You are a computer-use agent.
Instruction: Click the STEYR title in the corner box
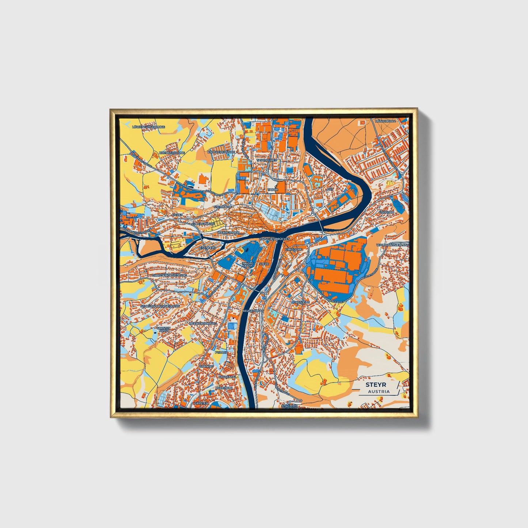pos(376,385)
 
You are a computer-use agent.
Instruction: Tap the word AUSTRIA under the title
pos(379,391)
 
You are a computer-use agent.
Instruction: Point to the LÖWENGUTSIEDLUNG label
pos(149,127)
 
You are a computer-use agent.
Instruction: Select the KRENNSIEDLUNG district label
pos(172,152)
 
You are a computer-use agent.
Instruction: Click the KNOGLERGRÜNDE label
pos(220,152)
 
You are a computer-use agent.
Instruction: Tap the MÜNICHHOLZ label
pos(385,121)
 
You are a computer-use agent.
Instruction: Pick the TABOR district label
pos(273,190)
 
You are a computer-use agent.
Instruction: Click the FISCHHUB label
pos(387,212)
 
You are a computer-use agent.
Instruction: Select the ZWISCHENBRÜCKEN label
pos(274,239)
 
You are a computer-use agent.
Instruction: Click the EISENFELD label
pos(208,248)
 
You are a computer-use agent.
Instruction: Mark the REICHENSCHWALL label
pos(203,323)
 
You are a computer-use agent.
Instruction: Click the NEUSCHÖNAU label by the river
pos(253,311)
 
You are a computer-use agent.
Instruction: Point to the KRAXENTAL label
pos(225,376)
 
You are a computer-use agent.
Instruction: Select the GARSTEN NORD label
pos(163,329)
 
